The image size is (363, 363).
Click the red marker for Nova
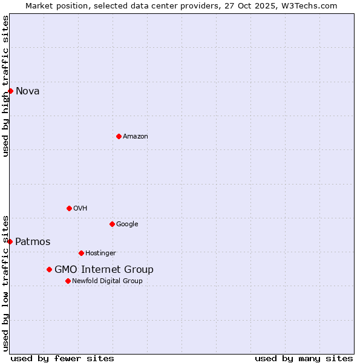point(10,91)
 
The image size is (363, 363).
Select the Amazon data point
point(119,136)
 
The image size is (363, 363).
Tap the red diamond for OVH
point(69,208)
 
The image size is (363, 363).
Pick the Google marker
point(112,224)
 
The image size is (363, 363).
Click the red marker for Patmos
point(10,241)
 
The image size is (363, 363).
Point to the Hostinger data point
point(81,253)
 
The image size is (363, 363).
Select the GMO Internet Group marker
point(49,269)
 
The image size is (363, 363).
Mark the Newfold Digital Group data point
point(68,281)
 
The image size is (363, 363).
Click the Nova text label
point(28,91)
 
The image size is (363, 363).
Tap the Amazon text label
point(136,137)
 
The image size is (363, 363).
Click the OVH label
point(80,209)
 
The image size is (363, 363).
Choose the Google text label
point(127,224)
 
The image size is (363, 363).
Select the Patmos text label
point(33,242)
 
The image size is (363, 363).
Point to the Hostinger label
point(100,253)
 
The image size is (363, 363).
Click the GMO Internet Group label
point(104,270)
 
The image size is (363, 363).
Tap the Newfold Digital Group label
point(107,281)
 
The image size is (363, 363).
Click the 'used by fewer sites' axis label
point(62,359)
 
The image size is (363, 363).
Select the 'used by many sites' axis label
point(304,359)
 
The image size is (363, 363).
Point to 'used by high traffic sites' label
point(6,86)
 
